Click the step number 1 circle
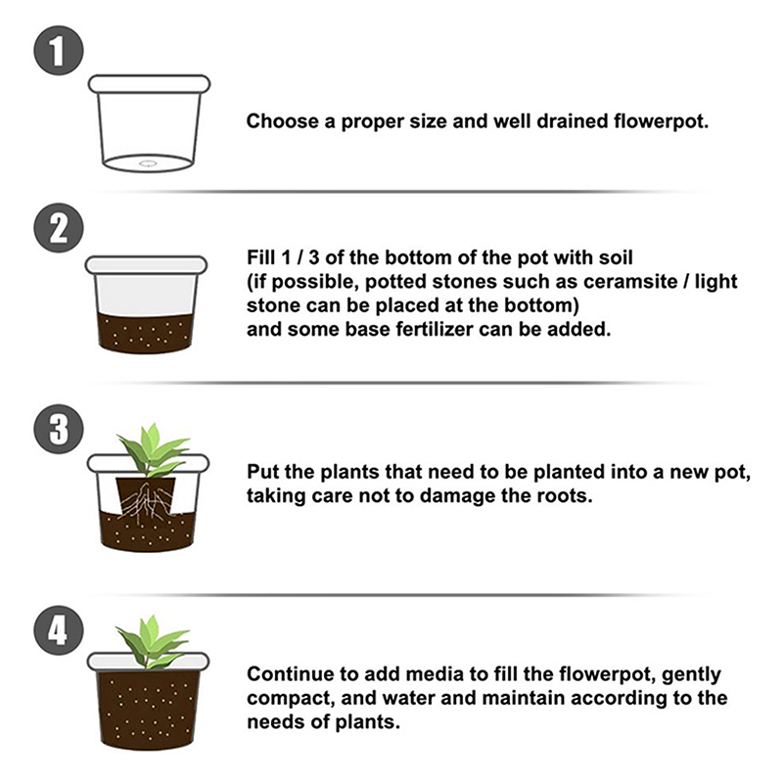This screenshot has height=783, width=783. pos(59,51)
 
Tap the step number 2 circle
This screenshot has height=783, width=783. pos(59,228)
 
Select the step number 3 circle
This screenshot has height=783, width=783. pos(59,429)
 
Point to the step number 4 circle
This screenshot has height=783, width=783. pos(59,630)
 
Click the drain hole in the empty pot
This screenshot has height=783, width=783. pos(148,162)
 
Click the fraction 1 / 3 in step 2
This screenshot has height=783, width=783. pos(299,257)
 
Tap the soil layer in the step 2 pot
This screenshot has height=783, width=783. pos(145,332)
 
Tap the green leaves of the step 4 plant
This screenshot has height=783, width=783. pos(151,642)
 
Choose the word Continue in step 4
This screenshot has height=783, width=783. pos(290,674)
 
